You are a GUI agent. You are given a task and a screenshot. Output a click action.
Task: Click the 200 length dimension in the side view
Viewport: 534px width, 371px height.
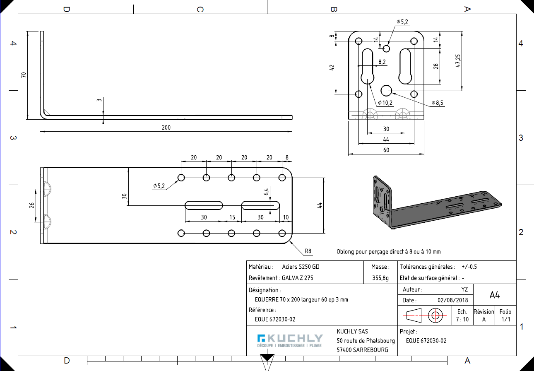[166, 128]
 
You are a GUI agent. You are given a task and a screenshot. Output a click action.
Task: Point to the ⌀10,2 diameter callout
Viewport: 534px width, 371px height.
[385, 103]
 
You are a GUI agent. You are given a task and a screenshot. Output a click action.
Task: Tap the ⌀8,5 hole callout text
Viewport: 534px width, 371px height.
[438, 103]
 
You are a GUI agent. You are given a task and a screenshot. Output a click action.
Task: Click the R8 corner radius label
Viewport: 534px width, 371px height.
[308, 251]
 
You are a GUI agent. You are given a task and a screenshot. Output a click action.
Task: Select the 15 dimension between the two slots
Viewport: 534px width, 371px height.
[232, 217]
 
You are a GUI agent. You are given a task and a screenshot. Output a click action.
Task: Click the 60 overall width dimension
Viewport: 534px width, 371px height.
[386, 150]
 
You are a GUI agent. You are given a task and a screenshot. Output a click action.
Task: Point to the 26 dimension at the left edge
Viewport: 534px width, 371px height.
[32, 206]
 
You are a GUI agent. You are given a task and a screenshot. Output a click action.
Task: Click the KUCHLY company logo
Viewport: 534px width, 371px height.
[289, 340]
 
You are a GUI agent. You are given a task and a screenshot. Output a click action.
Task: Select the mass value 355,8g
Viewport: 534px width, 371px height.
[380, 278]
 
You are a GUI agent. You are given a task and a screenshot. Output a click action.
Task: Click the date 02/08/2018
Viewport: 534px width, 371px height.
[452, 300]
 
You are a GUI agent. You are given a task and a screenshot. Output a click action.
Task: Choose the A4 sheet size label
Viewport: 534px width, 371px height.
[494, 295]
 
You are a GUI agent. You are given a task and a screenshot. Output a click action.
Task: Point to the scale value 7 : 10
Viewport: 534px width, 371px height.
[462, 319]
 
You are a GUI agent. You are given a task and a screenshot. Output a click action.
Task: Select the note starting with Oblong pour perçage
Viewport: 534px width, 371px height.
[388, 252]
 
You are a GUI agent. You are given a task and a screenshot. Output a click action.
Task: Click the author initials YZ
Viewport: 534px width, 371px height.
[464, 290]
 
